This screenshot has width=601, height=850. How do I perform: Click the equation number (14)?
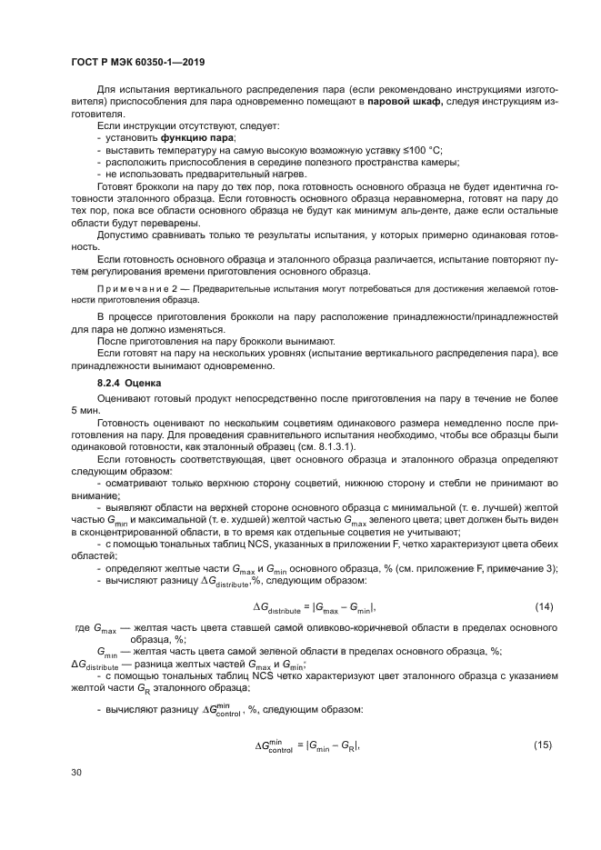(x=542, y=606)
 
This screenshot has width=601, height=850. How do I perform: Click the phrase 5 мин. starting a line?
(x=86, y=411)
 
